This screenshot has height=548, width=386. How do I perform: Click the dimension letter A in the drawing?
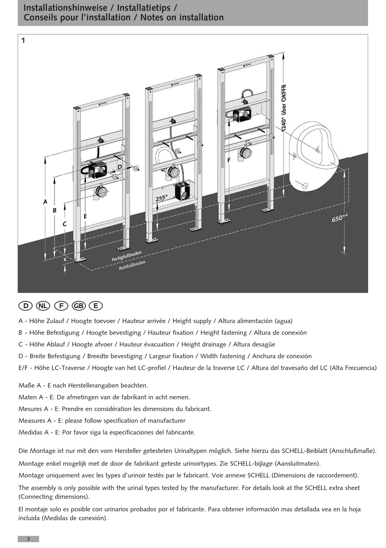click(45, 202)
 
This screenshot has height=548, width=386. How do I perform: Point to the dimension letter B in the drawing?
click(54, 210)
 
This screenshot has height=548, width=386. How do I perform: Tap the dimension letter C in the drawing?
click(65, 224)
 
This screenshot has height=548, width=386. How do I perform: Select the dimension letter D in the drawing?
click(120, 167)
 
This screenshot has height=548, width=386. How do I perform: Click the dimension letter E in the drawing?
click(85, 216)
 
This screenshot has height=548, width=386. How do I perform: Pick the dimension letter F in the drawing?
click(229, 160)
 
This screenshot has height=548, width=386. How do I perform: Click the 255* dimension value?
click(161, 198)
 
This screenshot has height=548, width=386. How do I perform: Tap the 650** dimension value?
click(339, 218)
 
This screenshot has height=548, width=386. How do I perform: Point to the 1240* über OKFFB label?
click(284, 108)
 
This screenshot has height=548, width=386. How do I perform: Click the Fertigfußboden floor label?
click(127, 256)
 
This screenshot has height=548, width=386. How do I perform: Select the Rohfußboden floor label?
click(132, 265)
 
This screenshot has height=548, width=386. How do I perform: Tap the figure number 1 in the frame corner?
click(23, 40)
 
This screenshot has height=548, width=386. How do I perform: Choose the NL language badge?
click(43, 306)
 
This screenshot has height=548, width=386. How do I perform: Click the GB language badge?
click(78, 306)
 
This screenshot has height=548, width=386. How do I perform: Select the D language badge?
click(26, 306)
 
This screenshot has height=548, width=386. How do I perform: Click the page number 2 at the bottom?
click(28, 539)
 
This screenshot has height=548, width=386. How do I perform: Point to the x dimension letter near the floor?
click(65, 259)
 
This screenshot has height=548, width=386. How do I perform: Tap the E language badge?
click(96, 306)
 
